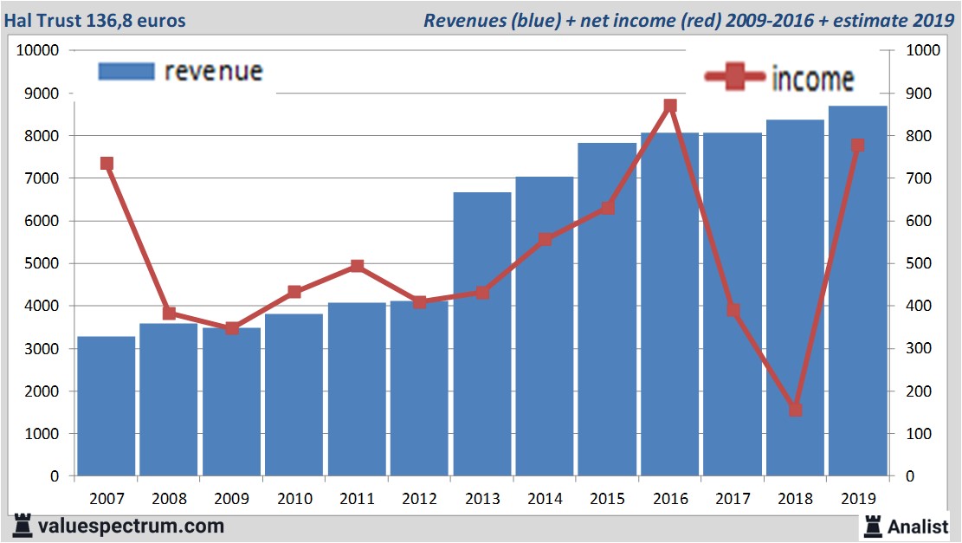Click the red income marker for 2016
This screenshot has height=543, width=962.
pyautogui.click(x=669, y=106)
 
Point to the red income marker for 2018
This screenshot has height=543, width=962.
pyautogui.click(x=795, y=410)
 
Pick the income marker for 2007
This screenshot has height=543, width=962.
pyautogui.click(x=107, y=163)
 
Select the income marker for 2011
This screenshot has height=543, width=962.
pyautogui.click(x=357, y=266)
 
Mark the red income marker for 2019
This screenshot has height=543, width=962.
pyautogui.click(x=857, y=145)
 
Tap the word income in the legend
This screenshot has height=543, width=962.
pyautogui.click(x=812, y=79)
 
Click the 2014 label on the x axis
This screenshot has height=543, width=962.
pyautogui.click(x=545, y=499)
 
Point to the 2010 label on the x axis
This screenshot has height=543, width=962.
pyautogui.click(x=294, y=499)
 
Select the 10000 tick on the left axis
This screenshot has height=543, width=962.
pyautogui.click(x=37, y=50)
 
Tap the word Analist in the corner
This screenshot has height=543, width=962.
pyautogui.click(x=918, y=526)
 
